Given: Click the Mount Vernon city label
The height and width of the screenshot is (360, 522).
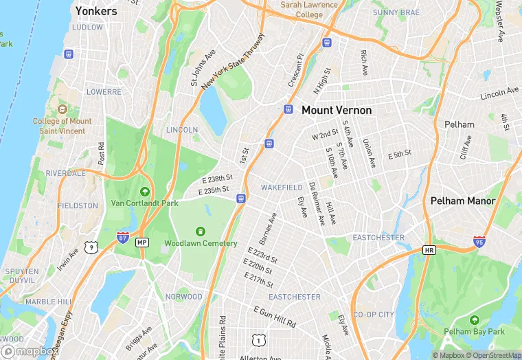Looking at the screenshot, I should pyautogui.click(x=337, y=110).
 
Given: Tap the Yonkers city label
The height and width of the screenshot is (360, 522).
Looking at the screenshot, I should pyautogui.click(x=96, y=11).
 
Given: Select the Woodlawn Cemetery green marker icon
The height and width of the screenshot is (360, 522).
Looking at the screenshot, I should pyautogui.click(x=201, y=232).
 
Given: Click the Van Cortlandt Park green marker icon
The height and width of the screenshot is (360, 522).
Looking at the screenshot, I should pyautogui.click(x=144, y=191).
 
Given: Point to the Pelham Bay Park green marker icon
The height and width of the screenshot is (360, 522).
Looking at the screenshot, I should pyautogui.click(x=474, y=320).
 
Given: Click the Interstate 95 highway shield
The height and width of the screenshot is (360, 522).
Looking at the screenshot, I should pyautogui.click(x=479, y=241).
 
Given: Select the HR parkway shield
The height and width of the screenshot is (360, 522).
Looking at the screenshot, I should pyautogui.click(x=429, y=249).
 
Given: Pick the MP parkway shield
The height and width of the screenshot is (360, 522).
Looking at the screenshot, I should pyautogui.click(x=142, y=243).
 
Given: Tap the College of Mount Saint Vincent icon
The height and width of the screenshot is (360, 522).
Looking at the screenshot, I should pyautogui.click(x=62, y=110).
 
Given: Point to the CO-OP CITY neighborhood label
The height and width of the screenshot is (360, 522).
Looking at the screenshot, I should pyautogui.click(x=373, y=315).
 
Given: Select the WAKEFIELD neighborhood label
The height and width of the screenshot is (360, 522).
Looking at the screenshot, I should pyautogui.click(x=282, y=188).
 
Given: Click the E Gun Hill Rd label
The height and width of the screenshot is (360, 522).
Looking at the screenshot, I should pyautogui.click(x=275, y=317).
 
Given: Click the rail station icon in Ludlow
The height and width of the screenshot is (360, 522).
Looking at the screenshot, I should pyautogui.click(x=69, y=54).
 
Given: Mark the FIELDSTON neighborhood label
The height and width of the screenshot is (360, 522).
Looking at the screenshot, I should pyautogui.click(x=77, y=205).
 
